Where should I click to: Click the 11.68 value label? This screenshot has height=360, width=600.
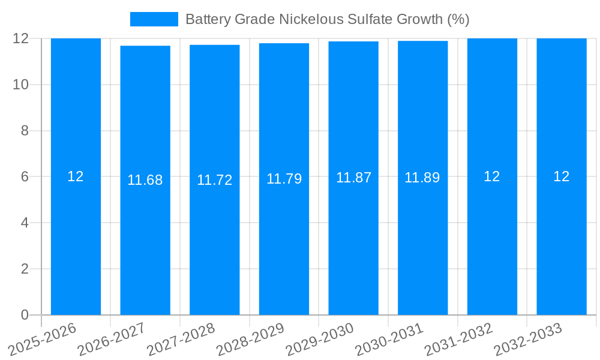(145, 180)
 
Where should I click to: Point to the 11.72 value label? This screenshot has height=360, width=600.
(214, 180)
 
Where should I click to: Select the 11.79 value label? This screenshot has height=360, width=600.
(284, 179)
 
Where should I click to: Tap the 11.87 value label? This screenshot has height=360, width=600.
(353, 178)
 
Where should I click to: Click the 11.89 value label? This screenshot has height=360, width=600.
(422, 178)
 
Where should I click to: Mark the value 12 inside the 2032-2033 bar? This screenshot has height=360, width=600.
(562, 176)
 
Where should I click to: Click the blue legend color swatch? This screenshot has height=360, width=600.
(154, 19)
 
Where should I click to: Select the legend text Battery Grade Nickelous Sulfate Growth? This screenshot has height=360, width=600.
(327, 19)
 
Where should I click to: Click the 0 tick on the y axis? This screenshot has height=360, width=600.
(25, 315)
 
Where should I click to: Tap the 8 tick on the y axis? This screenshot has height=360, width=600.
(25, 131)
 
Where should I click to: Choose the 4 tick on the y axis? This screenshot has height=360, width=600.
(25, 223)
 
